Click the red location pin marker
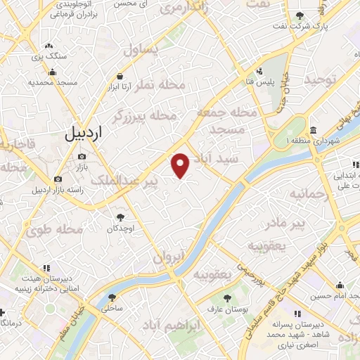coord(181,165)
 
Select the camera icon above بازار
coord(82,157)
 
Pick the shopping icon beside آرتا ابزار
coord(120,77)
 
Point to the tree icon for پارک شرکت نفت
coord(300,15)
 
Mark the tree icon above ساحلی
coord(109,297)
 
